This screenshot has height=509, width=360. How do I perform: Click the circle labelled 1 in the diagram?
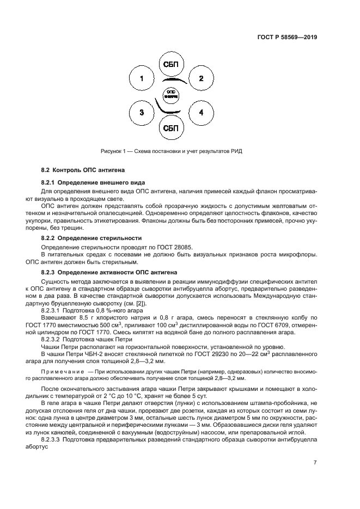[142, 79]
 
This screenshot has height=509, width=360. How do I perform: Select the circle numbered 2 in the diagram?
[200, 79]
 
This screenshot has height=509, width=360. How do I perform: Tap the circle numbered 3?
[142, 113]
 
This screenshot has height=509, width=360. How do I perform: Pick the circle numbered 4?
[200, 113]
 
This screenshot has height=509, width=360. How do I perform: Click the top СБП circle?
[171, 65]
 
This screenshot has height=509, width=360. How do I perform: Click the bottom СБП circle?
[171, 128]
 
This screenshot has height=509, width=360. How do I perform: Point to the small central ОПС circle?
[171, 94]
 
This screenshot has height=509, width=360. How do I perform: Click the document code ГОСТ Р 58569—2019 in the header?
[287, 38]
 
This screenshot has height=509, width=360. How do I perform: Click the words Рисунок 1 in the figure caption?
[114, 151]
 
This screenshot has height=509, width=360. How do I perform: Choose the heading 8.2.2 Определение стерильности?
[91, 238]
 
